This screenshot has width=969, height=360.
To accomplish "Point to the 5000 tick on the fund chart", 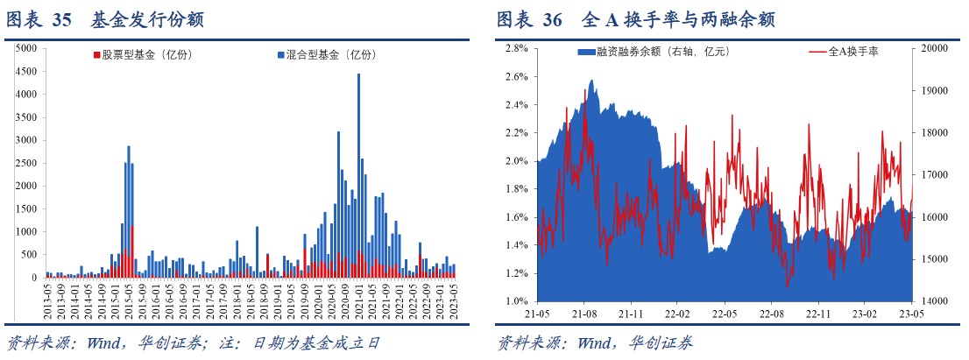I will (x=26, y=48).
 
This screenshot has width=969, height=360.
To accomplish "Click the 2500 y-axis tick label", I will (x=26, y=163).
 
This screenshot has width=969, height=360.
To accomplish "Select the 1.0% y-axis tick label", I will (x=515, y=301).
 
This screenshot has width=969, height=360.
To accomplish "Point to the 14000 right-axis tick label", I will (x=935, y=301).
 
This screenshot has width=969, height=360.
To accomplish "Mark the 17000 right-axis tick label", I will (x=935, y=175).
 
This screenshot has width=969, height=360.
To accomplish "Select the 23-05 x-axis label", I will (x=911, y=313).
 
